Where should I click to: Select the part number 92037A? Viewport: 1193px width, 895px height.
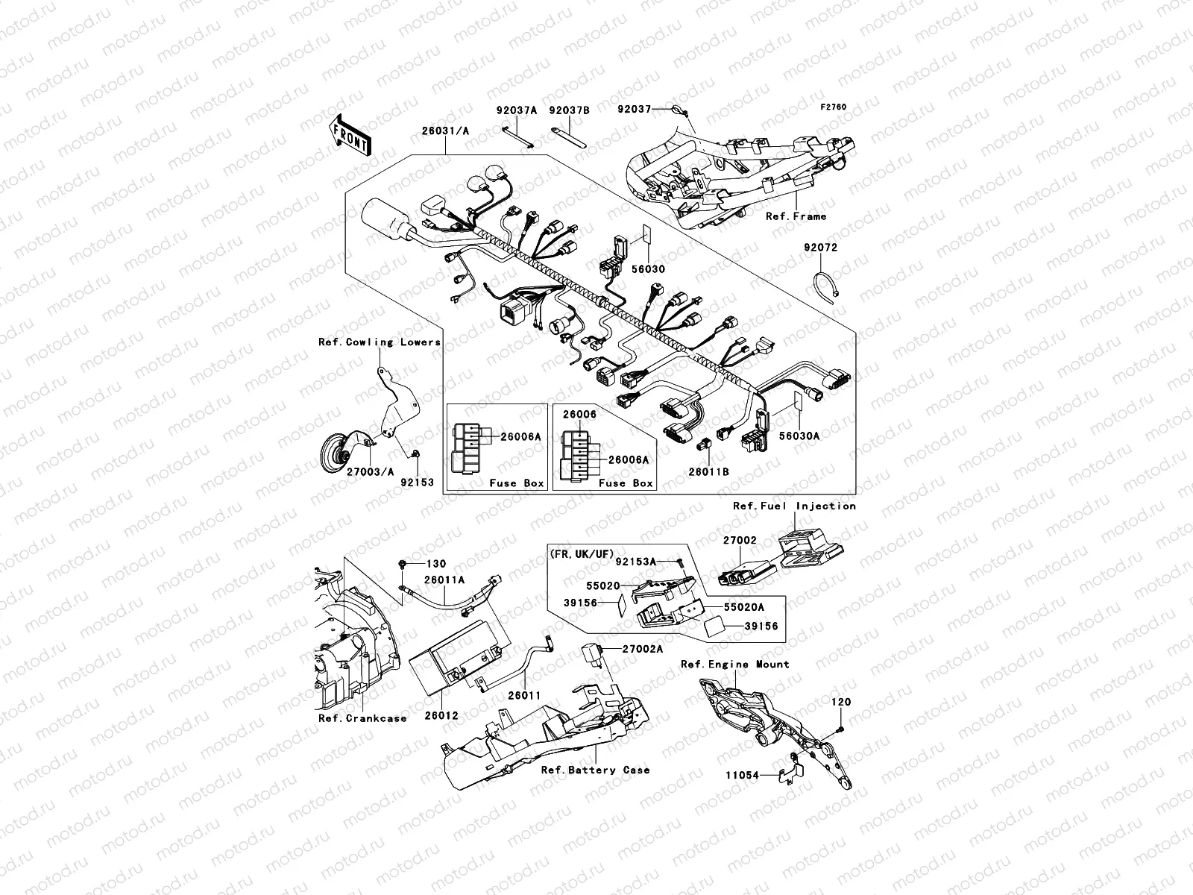517,110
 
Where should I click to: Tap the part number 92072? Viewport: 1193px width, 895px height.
820,248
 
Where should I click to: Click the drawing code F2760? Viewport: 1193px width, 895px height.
834,107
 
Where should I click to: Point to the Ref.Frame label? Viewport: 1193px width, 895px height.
796,216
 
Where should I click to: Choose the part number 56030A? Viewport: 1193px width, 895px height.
799,436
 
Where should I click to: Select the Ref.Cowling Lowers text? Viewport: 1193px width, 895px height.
380,342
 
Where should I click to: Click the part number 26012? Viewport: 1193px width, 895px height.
441,715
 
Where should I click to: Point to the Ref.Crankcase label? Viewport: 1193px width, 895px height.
362,718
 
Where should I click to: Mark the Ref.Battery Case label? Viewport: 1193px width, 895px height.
595,770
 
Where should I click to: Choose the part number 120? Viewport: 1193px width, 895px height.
841,702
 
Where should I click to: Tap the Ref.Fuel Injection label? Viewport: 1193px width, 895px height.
794,506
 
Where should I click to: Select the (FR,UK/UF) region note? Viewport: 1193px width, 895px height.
582,555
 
